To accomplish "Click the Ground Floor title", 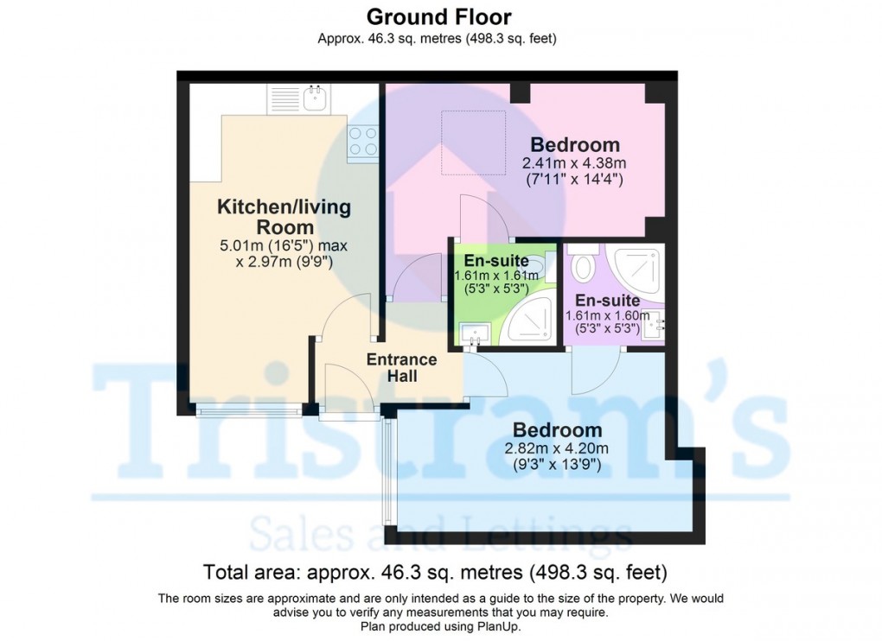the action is click(x=438, y=17).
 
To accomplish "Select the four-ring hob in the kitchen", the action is click(x=363, y=142).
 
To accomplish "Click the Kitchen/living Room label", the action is click(x=284, y=217).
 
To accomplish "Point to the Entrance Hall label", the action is click(x=401, y=367).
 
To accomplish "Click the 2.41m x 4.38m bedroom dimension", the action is click(x=574, y=163).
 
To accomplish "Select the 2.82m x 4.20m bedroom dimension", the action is click(x=556, y=448).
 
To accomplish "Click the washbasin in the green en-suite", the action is click(x=475, y=335).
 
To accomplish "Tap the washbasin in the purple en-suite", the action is click(x=653, y=326).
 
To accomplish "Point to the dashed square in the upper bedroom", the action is click(x=473, y=143).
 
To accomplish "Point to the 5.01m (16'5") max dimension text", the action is click(x=284, y=246).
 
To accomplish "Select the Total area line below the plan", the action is click(x=435, y=573).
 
